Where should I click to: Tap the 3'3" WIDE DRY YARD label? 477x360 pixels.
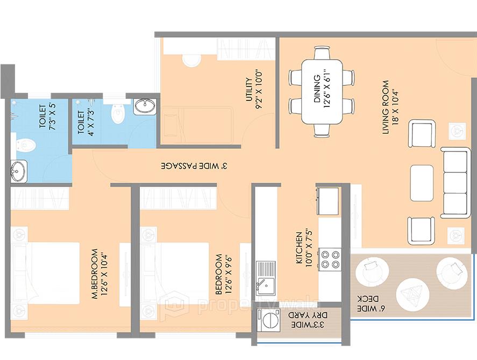(301, 320)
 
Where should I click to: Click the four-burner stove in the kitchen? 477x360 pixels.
(329, 259)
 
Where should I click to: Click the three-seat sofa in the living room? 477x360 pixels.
(455, 183)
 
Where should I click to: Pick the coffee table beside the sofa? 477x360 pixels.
(422, 183)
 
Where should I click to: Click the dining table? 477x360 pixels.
(322, 91)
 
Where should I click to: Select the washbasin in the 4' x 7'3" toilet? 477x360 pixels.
(144, 106)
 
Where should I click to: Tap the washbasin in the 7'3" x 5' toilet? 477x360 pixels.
(19, 172)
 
